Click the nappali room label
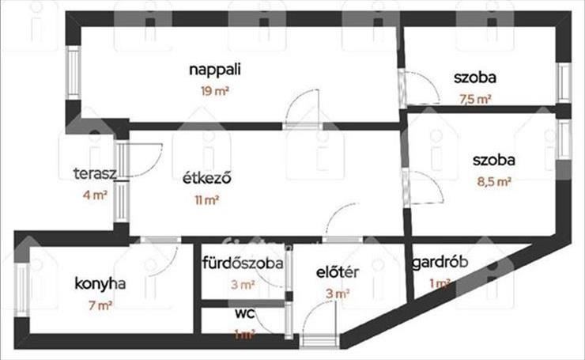pos(215,70)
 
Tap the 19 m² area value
pos(214,91)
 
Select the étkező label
pos(206,178)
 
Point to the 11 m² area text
pos(206,200)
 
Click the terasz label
pos(95,173)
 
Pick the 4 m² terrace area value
pos(95,195)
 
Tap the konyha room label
pos(100,284)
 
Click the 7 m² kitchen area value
pos(100,305)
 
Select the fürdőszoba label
pos(243,263)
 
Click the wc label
pos(245,313)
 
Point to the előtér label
pos(338,272)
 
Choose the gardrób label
pos(440,263)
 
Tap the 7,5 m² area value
pos(475,100)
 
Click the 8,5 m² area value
pos(494,182)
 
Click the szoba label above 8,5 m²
pos(494,160)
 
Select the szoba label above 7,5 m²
pos(475,78)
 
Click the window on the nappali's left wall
pos(74,73)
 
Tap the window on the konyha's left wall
pos(22,290)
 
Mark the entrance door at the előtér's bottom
pos(319,341)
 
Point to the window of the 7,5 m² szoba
pos(564,83)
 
